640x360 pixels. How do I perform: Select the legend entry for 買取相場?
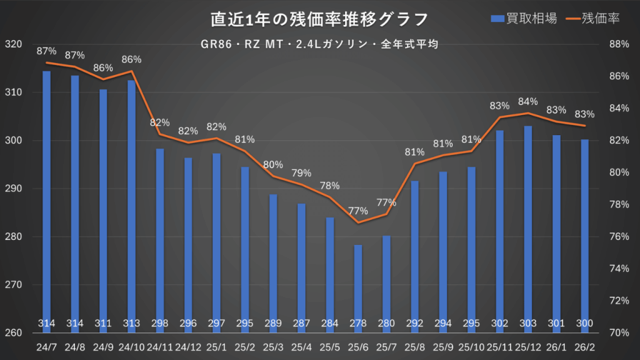[518, 19]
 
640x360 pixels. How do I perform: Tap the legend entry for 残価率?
[590, 19]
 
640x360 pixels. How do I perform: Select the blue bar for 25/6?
[358, 281]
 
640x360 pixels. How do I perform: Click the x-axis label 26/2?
[585, 346]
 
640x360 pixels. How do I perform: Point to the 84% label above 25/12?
[528, 101]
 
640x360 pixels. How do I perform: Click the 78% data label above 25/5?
[329, 186]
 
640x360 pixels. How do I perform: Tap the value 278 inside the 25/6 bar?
[358, 323]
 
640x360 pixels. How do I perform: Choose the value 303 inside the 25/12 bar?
[528, 323]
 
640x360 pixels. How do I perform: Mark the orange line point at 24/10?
[132, 71]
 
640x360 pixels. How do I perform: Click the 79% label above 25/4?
[301, 173]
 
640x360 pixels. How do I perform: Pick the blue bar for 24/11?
[160, 237]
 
